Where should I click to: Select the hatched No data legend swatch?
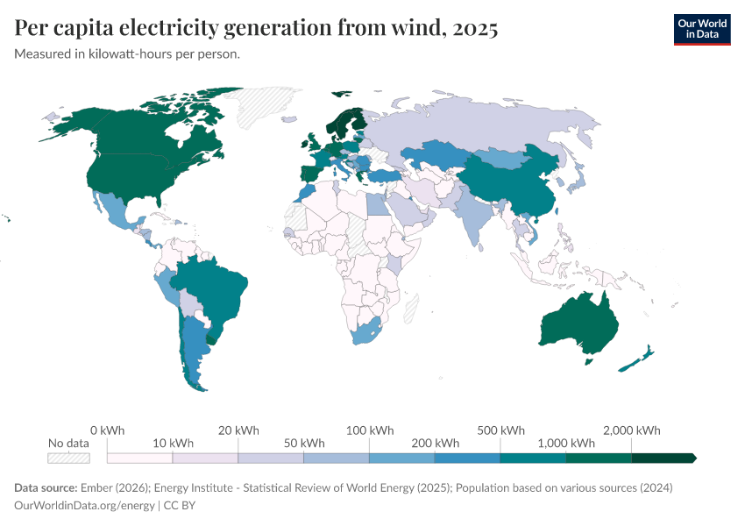tap(69, 458)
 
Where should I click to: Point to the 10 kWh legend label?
tap(173, 443)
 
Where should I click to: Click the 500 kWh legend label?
tap(500, 430)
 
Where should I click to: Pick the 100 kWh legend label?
tap(370, 430)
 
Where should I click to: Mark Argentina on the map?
tap(193, 351)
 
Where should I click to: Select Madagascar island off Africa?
tap(411, 308)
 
